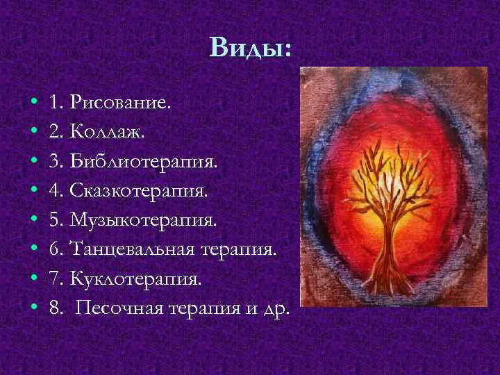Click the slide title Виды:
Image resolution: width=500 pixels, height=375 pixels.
click(251, 48)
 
